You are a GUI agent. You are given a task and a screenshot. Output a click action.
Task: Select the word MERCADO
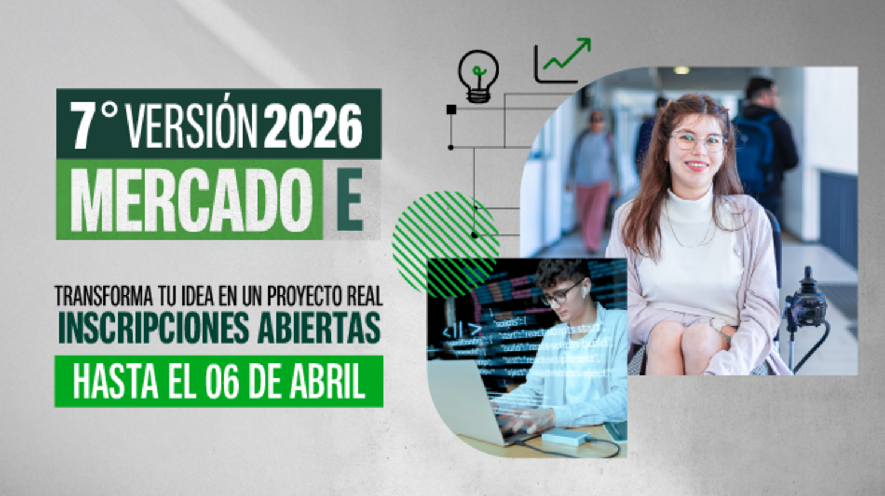191,200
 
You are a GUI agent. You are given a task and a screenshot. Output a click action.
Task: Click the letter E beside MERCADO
349,200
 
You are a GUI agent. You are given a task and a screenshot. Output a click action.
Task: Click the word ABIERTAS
319,327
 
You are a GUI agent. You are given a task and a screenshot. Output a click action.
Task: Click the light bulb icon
478,76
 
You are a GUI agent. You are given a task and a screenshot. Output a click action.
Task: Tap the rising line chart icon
562,61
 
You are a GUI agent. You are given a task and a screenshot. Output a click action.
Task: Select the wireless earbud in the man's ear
584,292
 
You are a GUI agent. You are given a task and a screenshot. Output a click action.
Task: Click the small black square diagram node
451,109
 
